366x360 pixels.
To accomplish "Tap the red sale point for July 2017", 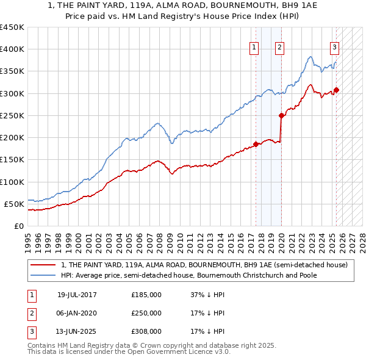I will point(256,144).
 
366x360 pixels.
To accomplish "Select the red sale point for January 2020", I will point(281,115).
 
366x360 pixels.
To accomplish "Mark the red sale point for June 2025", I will point(336,90).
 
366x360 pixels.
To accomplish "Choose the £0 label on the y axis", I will point(18,226).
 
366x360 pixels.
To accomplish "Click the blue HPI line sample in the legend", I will point(44,275).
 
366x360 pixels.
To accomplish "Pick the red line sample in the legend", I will point(44,265).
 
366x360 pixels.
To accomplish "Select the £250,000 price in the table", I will point(146,313).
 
